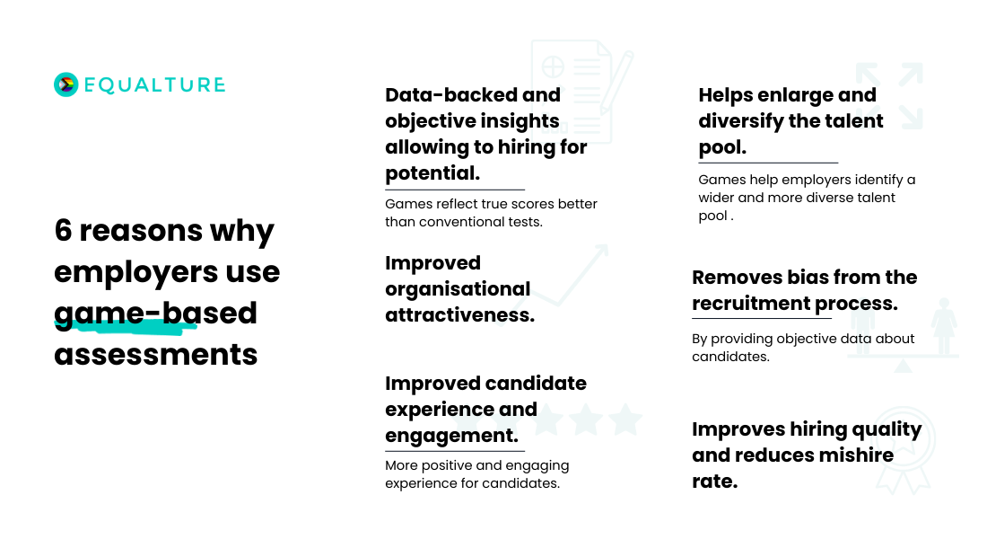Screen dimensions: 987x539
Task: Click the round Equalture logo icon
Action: (66, 84)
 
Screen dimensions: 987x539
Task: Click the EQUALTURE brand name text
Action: (155, 85)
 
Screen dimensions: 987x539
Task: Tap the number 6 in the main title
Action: (63, 230)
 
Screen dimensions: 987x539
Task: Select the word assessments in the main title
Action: (156, 354)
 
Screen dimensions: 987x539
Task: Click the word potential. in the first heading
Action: (432, 173)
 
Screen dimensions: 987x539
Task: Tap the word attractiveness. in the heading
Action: (460, 314)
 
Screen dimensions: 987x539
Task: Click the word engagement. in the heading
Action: (452, 436)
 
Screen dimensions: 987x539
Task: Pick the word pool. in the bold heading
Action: (722, 147)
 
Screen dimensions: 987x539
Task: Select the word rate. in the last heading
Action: (715, 482)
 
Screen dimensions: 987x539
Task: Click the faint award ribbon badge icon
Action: (904, 450)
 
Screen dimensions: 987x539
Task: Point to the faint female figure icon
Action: (944, 326)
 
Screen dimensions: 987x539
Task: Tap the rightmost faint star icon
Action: (625, 420)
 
